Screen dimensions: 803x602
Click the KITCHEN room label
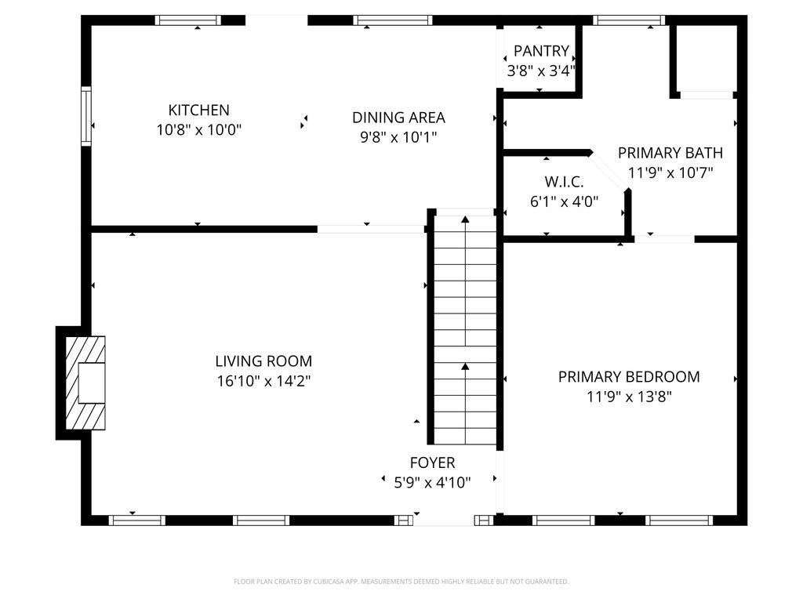[x=198, y=110]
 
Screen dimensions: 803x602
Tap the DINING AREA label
[x=398, y=118]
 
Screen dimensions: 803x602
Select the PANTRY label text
[x=541, y=51]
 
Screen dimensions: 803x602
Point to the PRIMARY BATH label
[x=670, y=153]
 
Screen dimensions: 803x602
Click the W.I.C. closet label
[x=564, y=182]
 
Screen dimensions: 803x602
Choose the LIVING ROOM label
[x=263, y=361]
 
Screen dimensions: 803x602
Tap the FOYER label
[x=432, y=462]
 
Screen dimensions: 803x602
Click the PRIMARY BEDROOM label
[x=629, y=377]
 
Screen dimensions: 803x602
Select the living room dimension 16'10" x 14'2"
[x=263, y=382]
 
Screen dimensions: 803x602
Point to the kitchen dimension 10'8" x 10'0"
[x=198, y=130]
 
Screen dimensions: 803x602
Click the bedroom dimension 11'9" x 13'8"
[x=629, y=397]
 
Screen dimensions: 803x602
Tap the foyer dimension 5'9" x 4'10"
[x=432, y=483]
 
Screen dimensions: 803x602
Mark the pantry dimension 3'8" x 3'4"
[x=541, y=71]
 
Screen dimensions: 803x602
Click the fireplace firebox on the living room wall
[x=93, y=383]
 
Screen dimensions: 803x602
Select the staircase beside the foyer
[x=465, y=330]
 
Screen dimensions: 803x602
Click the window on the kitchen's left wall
[x=86, y=116]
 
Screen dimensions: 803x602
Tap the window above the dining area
[x=393, y=20]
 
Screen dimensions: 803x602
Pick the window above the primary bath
[x=630, y=20]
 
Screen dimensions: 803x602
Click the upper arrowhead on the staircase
[x=465, y=219]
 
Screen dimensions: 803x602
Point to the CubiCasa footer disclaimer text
[x=401, y=582]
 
